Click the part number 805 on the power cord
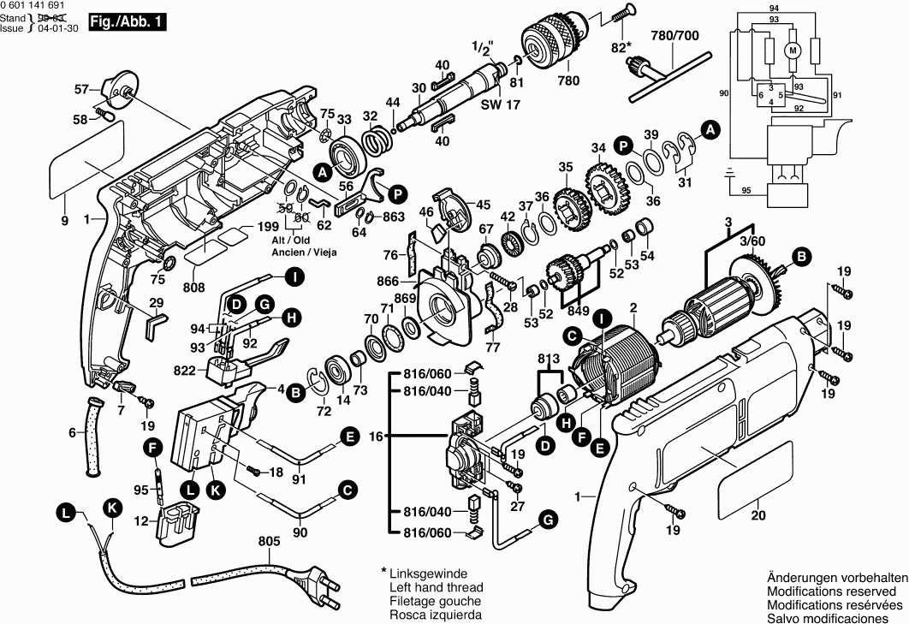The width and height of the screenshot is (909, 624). point(270,541)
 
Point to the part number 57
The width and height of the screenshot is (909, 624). point(81,88)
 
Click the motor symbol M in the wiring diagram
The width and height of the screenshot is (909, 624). point(793,51)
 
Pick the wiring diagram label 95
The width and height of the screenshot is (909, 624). point(746,190)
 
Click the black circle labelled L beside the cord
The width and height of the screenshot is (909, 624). point(64,514)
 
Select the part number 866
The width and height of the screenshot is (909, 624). point(388,279)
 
